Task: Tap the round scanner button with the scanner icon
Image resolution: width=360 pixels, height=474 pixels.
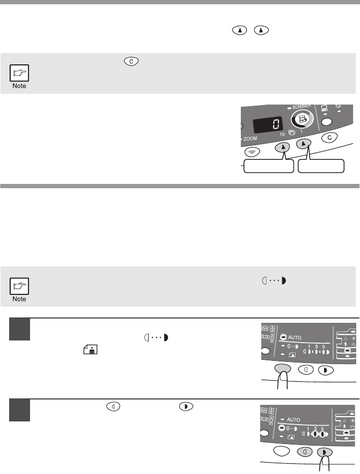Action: point(302,120)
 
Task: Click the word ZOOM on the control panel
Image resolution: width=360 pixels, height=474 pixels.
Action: point(250,139)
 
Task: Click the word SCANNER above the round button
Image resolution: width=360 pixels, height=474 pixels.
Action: point(302,106)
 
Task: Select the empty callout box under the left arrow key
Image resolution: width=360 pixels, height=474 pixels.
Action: point(269,166)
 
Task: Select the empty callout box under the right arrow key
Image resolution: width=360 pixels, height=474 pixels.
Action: point(321,166)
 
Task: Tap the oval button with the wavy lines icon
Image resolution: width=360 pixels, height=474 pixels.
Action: point(252,152)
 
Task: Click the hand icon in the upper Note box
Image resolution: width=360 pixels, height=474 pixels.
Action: point(19,73)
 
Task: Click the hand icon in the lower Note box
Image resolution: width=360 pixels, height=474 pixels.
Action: point(19,286)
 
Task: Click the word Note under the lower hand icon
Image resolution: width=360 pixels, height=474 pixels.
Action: point(19,299)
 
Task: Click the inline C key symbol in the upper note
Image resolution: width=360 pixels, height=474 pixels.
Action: point(131,61)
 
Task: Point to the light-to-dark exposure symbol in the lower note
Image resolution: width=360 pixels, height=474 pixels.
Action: point(274,281)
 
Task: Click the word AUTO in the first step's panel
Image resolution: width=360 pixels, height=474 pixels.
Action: point(295,337)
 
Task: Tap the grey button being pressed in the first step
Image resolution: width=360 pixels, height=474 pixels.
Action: point(282,369)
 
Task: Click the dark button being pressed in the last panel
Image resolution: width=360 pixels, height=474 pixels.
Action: point(324,453)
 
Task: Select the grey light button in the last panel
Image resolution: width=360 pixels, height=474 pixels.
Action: point(305,452)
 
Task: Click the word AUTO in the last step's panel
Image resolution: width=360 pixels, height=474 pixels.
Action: point(293,420)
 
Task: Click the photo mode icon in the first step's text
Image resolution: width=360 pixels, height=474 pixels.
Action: point(90,350)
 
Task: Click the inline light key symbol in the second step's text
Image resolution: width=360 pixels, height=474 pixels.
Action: point(113,406)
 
